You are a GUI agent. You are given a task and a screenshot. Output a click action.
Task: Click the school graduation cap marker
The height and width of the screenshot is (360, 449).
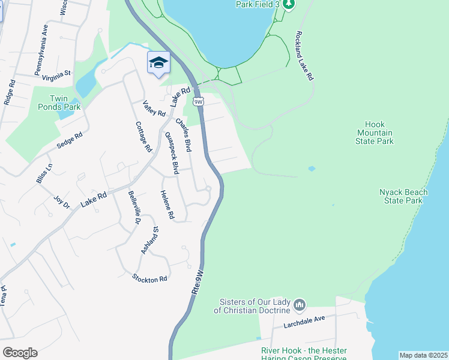tap(158, 63)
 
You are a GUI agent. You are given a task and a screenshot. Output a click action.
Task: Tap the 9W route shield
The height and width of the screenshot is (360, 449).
tap(199, 101)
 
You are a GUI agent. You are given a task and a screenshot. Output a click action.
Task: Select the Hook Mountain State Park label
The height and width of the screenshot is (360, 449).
tap(375, 133)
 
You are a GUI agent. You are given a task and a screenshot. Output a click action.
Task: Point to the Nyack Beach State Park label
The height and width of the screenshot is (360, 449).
tap(403, 196)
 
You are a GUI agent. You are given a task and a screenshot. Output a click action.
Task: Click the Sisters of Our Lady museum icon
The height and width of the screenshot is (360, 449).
tap(300, 306)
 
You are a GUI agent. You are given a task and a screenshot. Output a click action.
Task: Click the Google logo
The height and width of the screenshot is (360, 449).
tap(20, 353)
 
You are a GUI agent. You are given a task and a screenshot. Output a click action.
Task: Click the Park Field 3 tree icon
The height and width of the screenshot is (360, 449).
tap(289, 5)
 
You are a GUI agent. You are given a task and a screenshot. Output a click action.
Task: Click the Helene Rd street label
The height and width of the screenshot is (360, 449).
tap(167, 204)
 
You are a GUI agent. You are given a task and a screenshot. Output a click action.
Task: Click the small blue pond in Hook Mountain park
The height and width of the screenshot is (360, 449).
tap(311, 169)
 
